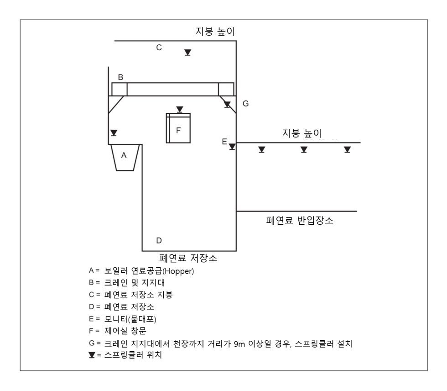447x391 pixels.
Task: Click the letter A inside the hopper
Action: click(124, 155)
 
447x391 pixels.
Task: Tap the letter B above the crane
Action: click(120, 77)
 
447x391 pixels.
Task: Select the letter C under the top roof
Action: click(159, 48)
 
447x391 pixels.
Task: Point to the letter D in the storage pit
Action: click(159, 241)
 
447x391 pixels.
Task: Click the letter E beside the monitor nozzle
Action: click(224, 142)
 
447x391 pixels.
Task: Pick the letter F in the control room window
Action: click(178, 131)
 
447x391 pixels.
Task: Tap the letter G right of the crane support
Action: click(246, 103)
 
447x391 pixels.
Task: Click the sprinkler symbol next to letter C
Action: click(187, 53)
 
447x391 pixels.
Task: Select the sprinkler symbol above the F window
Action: click(180, 110)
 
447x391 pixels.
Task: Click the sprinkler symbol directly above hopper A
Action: click(114, 133)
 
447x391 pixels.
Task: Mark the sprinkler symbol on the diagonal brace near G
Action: click(227, 105)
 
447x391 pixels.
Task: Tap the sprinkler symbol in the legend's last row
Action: click(92, 355)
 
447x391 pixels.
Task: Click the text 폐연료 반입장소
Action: click(300, 220)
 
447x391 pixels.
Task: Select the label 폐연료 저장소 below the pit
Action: click(188, 258)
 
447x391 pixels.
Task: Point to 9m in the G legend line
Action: click(239, 344)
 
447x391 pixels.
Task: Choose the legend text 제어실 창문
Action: click(125, 331)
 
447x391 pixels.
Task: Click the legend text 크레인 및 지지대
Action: click(135, 283)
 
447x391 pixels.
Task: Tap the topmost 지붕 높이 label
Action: click(215, 31)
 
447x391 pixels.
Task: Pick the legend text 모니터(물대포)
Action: click(130, 319)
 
